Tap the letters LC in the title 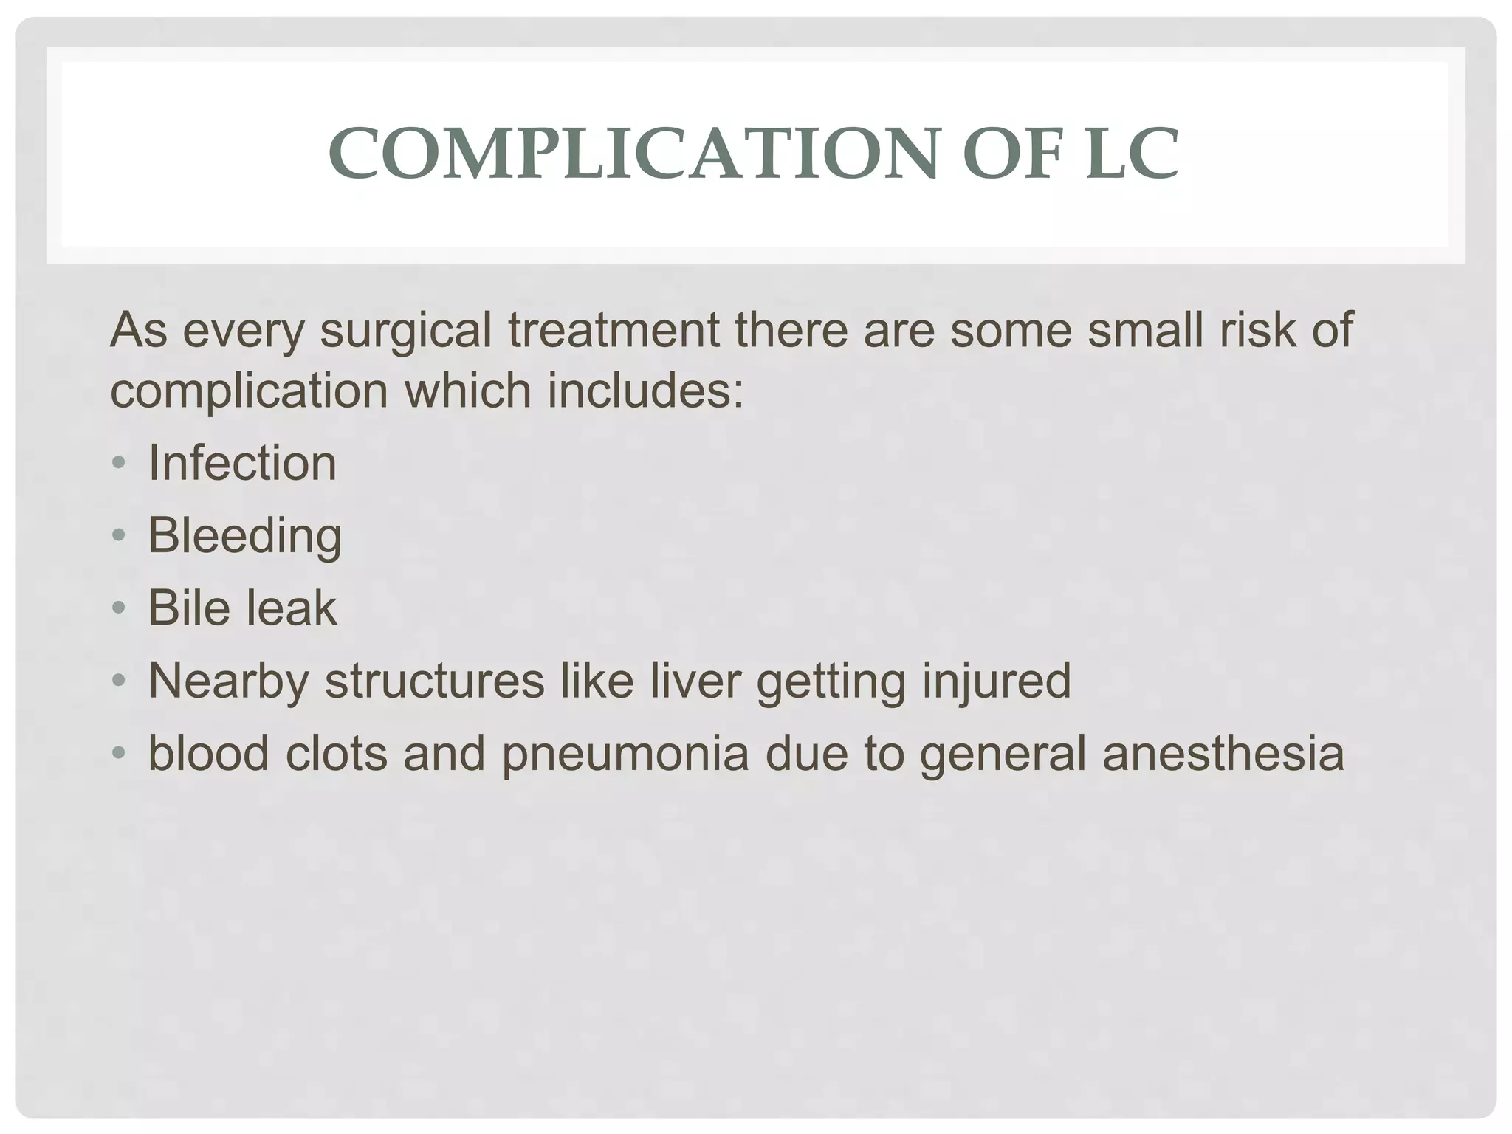click(x=1131, y=154)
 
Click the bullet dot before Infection click(x=119, y=464)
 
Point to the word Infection click(x=242, y=464)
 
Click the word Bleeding click(x=244, y=536)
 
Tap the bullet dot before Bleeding click(x=119, y=536)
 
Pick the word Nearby click(x=228, y=681)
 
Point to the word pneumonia click(x=625, y=754)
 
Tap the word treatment click(x=614, y=330)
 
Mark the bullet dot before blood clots click(x=119, y=754)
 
